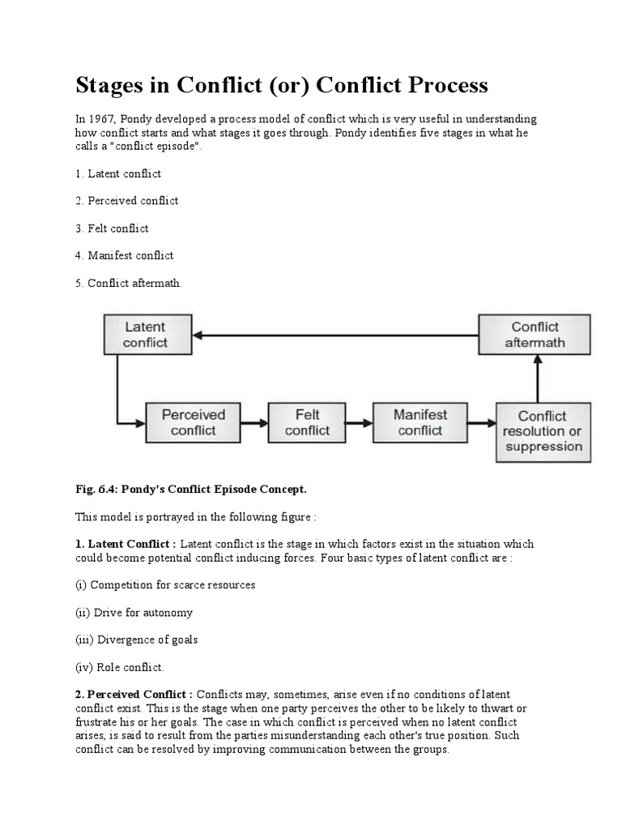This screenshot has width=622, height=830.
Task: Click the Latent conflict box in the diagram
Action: click(145, 335)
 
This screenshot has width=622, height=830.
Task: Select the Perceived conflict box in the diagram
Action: click(193, 422)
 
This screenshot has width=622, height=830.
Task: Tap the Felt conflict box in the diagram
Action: click(307, 422)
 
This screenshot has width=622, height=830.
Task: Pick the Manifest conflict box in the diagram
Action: click(420, 422)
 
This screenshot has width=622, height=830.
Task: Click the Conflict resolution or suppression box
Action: click(542, 431)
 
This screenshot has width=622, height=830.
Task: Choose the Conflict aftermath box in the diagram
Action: click(535, 335)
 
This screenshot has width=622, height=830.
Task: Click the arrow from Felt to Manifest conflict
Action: click(360, 422)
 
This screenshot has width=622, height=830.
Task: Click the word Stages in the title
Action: click(113, 85)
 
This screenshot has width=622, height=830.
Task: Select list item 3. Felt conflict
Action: click(112, 228)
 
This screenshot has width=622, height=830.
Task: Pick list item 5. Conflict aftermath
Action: click(129, 283)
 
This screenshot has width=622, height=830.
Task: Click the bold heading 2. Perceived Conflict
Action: click(134, 695)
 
